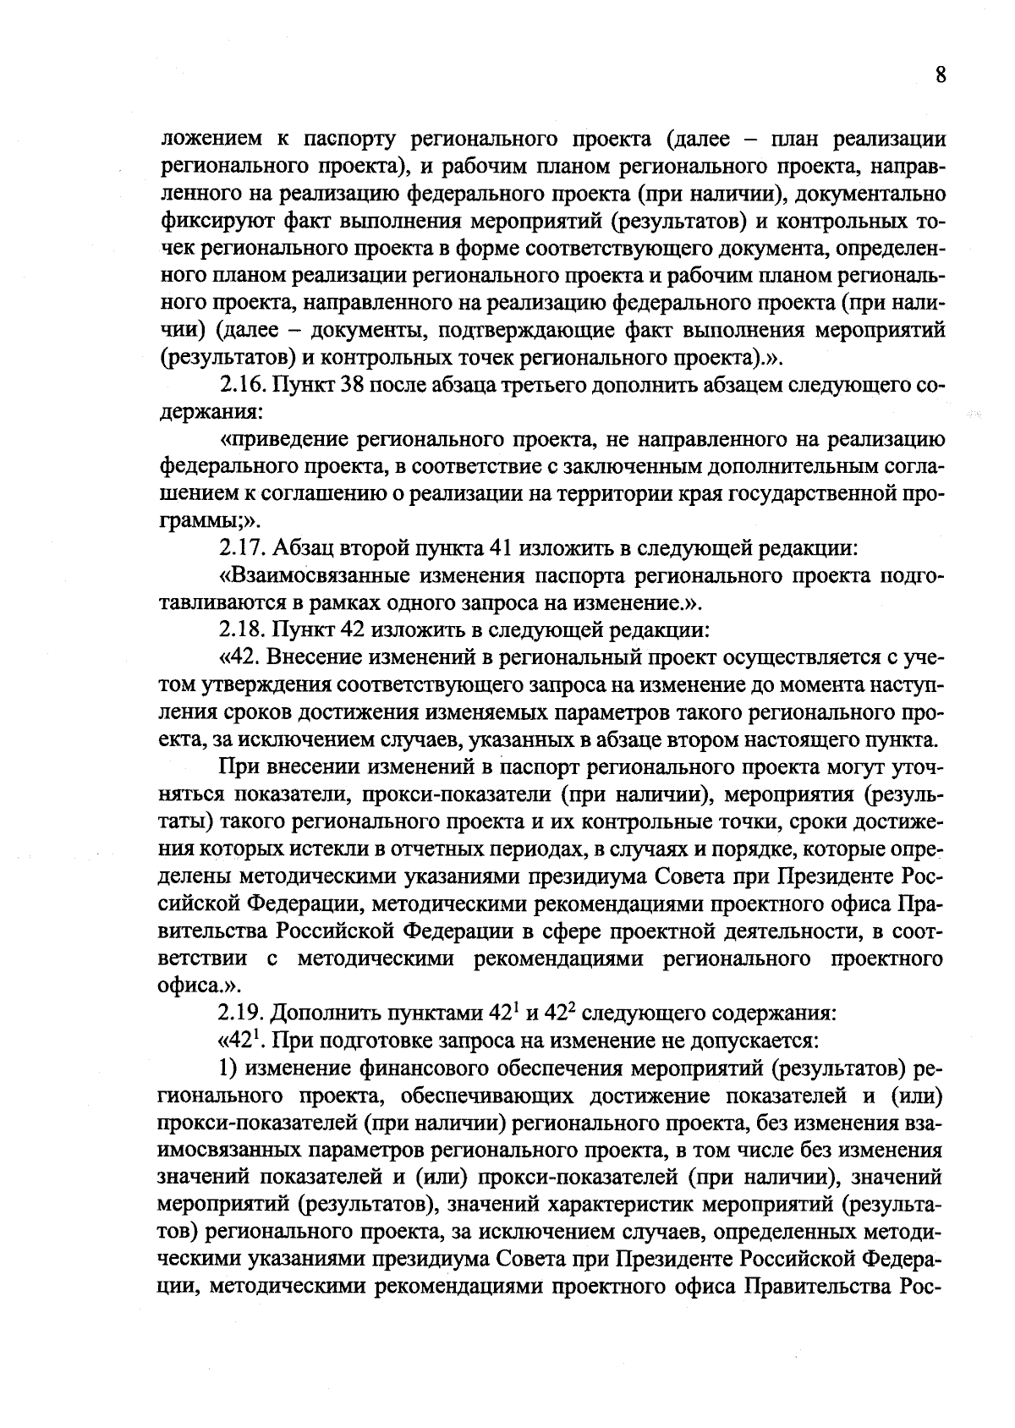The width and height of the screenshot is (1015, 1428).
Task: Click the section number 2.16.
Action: (244, 385)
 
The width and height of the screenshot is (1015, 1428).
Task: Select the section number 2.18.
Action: (244, 630)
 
